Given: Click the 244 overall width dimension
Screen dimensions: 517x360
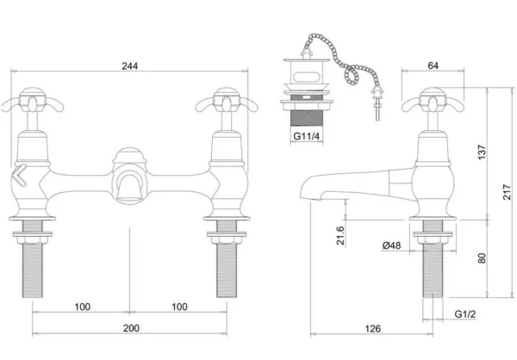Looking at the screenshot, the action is pos(130,66).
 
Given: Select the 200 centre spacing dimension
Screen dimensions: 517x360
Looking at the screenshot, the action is pos(131,328).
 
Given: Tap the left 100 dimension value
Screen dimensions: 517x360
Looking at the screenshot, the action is pos(83,307).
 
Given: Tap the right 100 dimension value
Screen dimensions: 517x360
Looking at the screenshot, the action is pos(179,307).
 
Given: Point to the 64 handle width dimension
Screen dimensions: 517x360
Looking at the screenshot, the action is pos(433,65).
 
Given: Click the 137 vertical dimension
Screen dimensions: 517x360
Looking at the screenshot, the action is pos(482,152).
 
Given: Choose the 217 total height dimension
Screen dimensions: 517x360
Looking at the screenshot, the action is pos(508,192).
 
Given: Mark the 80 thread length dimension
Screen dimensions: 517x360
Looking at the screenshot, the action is pos(482,258).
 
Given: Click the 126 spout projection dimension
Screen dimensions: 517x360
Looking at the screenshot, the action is pos(372,328).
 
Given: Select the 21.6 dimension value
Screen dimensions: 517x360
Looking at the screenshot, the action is pos(340,235).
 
